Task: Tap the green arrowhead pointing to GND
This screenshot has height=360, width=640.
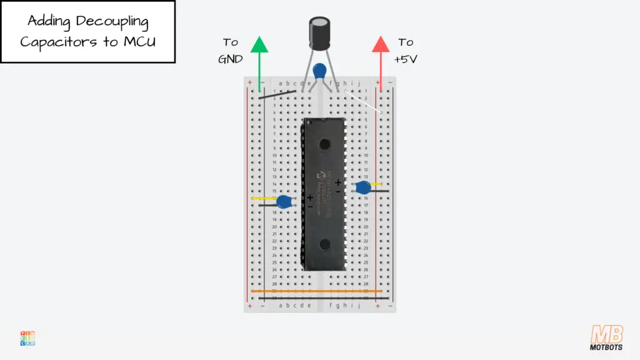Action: [259, 45]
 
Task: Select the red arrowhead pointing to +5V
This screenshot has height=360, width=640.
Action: [380, 45]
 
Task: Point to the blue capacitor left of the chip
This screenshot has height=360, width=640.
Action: [286, 202]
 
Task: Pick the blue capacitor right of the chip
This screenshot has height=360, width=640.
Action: [363, 187]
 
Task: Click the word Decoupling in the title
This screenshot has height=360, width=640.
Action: [112, 21]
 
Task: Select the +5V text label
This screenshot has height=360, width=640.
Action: [406, 59]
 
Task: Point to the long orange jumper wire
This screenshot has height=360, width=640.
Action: [316, 291]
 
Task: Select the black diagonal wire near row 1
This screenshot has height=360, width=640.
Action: [277, 94]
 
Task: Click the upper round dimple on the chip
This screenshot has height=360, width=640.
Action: [324, 144]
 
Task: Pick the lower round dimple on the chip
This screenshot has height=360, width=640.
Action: [324, 244]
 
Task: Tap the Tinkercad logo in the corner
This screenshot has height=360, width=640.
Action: [27, 338]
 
